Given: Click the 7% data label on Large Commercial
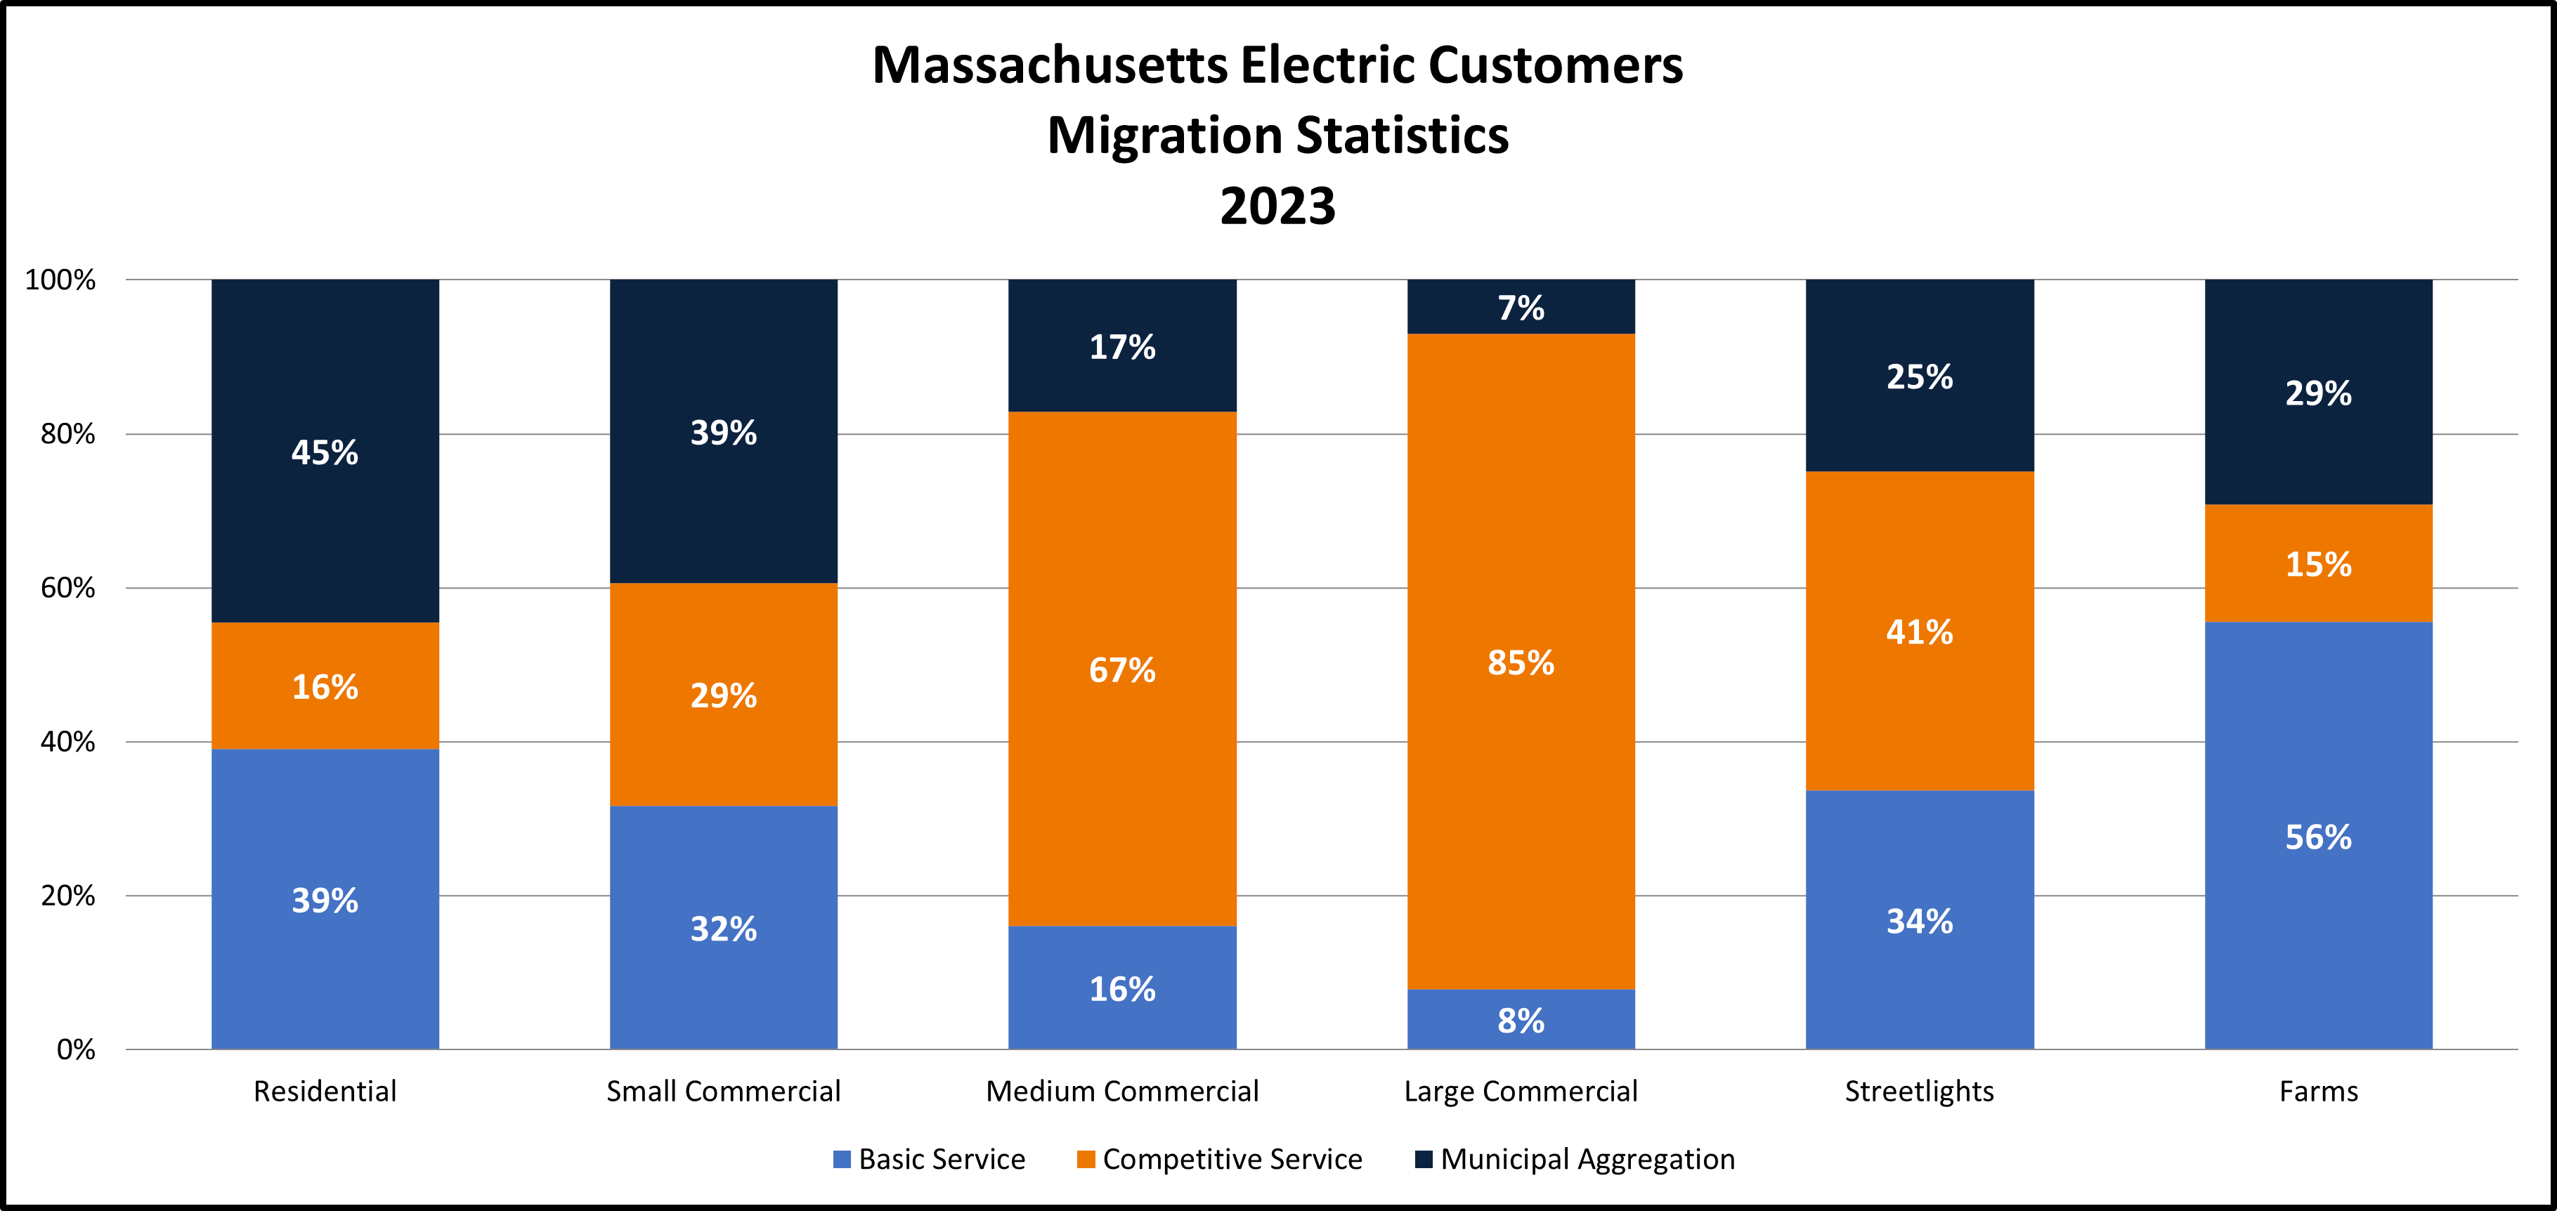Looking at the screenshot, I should coord(1521,308).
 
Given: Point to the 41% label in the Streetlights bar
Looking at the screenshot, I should coord(1919,632).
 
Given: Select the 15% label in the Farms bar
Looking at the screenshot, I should coord(2318,565).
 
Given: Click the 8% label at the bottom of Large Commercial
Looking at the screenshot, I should coord(1521,1021).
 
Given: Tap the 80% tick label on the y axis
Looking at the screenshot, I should coord(67,434).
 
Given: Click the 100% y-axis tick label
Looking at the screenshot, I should coord(60,280).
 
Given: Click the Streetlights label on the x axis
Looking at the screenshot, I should coord(1919,1091).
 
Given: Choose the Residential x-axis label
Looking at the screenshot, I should coord(325,1091).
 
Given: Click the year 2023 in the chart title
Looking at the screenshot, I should coord(1277,207).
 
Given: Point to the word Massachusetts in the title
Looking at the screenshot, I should coord(1050,65).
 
